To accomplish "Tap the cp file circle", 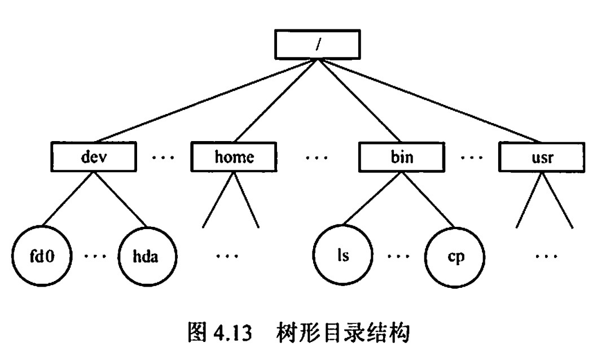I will point(453,257).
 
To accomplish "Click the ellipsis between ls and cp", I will point(398,257).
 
